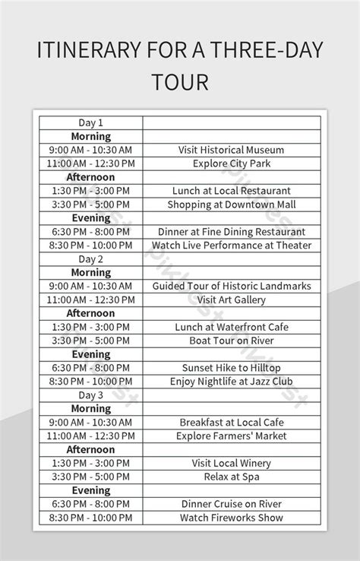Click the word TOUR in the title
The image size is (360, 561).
180,81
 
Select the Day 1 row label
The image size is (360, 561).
90,122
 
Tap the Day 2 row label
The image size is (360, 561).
90,259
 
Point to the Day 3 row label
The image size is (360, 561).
90,395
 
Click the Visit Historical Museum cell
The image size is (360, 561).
232,150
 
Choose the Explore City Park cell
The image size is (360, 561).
232,163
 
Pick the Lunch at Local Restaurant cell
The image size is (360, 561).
232,191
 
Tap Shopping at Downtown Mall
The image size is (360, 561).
232,204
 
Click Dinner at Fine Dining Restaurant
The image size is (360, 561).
232,232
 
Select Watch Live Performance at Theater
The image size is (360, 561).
232,246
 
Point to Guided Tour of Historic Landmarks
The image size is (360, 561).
232,286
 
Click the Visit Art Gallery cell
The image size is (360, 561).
232,300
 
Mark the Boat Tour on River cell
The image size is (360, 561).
232,341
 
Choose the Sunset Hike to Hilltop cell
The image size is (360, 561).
232,368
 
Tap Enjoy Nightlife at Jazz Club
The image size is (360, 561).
232,382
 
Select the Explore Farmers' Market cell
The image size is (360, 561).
232,436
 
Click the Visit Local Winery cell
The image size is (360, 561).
232,463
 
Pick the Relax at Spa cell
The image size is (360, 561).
232,477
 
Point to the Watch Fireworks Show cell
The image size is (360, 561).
232,518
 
